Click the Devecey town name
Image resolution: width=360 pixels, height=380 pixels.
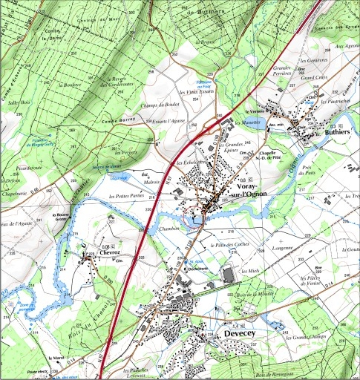242,335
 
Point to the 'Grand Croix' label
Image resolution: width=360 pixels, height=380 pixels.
312,76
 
